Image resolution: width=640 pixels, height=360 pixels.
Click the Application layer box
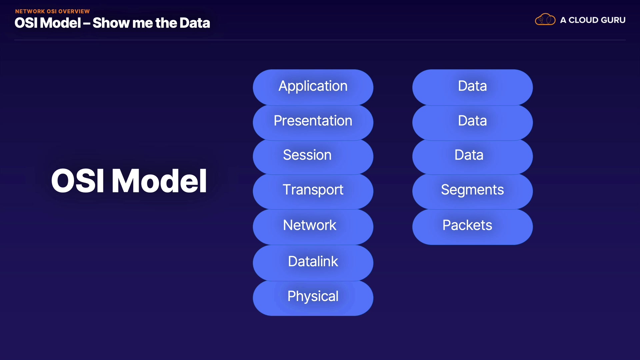(x=313, y=87)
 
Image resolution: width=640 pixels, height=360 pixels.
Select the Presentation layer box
(x=313, y=121)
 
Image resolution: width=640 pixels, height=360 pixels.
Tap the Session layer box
(x=313, y=156)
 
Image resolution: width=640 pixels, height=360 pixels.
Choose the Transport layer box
(x=313, y=191)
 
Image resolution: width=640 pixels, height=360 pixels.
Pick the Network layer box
(x=313, y=226)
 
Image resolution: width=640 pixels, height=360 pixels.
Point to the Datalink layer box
(x=313, y=262)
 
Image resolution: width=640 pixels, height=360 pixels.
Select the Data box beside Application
(x=472, y=87)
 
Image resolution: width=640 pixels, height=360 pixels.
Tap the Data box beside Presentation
(x=472, y=121)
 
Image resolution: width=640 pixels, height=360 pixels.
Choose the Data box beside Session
(x=472, y=156)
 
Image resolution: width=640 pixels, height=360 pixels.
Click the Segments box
(x=472, y=191)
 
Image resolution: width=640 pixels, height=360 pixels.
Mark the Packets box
(x=472, y=226)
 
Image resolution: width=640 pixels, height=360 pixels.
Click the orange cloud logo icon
(x=545, y=20)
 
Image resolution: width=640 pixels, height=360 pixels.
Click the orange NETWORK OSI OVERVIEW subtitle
(x=52, y=11)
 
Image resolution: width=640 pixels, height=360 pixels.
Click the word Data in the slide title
(x=195, y=23)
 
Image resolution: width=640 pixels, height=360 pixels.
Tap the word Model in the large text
(x=159, y=181)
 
